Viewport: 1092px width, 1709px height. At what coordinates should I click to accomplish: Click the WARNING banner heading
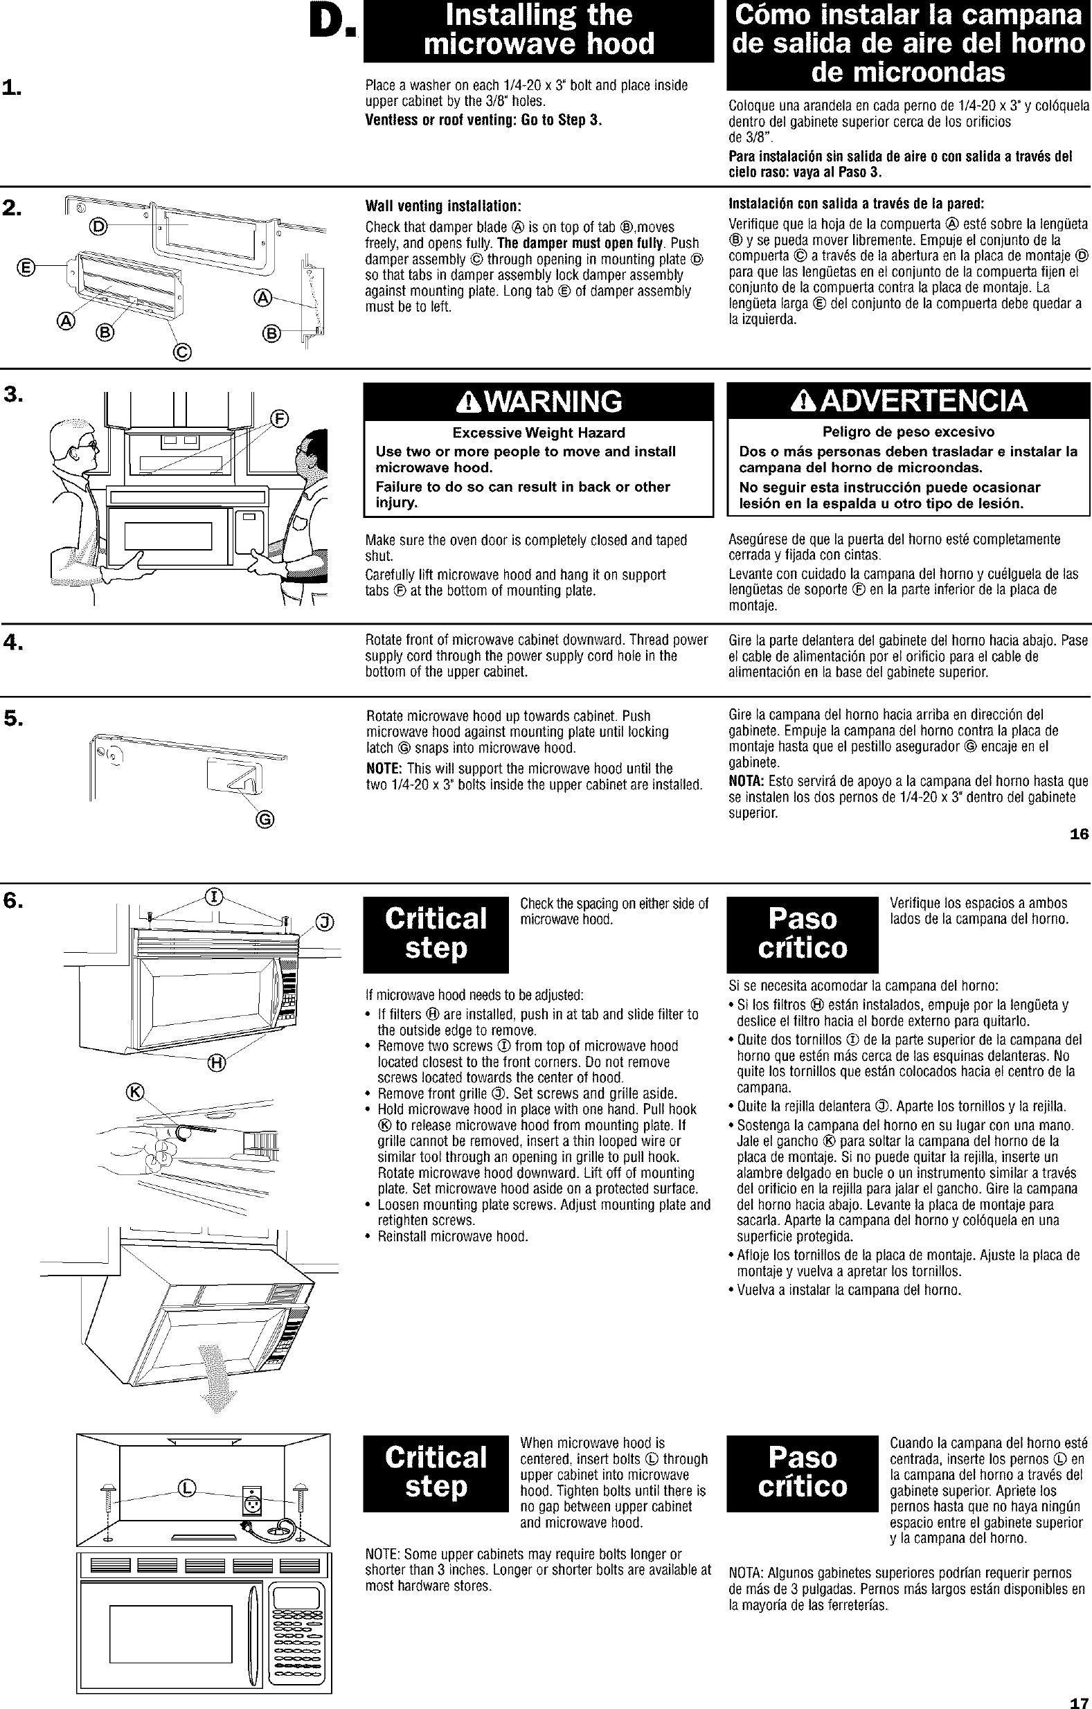point(539,402)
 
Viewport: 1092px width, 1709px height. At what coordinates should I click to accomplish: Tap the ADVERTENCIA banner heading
point(908,402)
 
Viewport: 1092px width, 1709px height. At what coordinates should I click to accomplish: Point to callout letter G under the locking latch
point(265,820)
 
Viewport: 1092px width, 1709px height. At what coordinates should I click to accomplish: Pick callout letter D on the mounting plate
point(98,227)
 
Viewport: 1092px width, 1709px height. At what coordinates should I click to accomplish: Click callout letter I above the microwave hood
point(212,897)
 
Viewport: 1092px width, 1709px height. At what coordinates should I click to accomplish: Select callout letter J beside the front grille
point(324,922)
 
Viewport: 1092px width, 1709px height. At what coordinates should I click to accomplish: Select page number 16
point(1079,834)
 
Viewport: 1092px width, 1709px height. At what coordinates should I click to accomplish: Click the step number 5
point(13,718)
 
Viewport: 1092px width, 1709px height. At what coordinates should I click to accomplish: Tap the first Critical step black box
point(436,934)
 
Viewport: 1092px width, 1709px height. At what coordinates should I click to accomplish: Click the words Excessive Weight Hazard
point(539,433)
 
